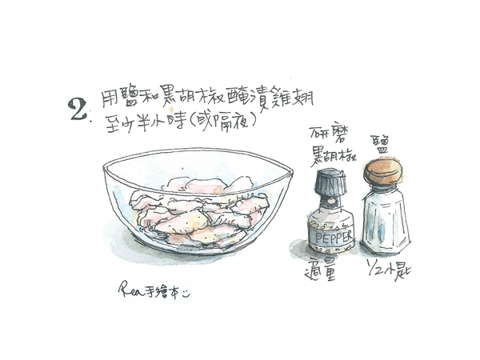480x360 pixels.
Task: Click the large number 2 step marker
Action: (x=79, y=110)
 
